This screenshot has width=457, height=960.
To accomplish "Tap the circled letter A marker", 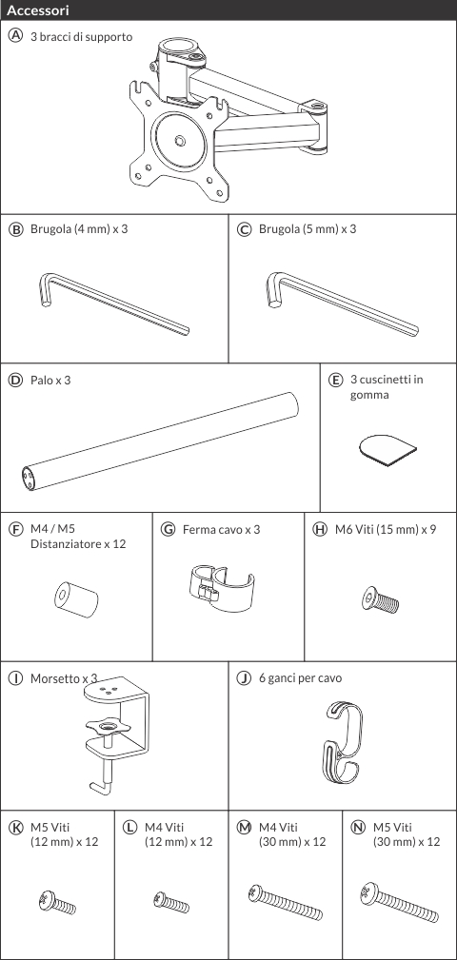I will pyautogui.click(x=14, y=35).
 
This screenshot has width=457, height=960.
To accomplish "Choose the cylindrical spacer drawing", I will pyautogui.click(x=77, y=598).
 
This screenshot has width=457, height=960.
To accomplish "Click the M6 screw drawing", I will pyautogui.click(x=380, y=598).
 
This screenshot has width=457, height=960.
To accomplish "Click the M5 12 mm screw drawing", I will pyautogui.click(x=56, y=903).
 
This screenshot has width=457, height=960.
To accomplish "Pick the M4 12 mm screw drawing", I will pyautogui.click(x=171, y=901).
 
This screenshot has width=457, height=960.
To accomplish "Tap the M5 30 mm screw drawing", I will pyautogui.click(x=399, y=903).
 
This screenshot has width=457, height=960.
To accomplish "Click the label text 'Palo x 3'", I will pyautogui.click(x=50, y=380).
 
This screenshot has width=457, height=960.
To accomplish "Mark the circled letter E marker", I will pyautogui.click(x=335, y=380).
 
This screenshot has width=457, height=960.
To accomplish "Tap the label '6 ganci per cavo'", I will pyautogui.click(x=300, y=677).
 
